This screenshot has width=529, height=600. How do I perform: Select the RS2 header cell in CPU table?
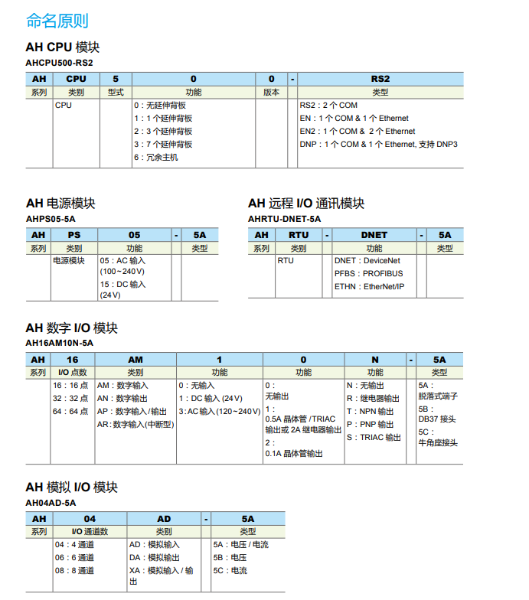click(380, 79)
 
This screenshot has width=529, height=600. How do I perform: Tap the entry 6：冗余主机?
click(156, 157)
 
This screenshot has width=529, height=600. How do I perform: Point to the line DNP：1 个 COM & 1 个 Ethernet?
click(378, 144)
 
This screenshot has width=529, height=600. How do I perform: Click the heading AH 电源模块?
click(60, 204)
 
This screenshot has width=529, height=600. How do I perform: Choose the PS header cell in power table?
click(73, 235)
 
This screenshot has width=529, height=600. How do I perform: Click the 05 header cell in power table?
click(134, 235)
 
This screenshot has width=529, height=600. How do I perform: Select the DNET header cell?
click(374, 235)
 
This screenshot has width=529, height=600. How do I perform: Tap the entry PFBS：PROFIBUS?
click(368, 273)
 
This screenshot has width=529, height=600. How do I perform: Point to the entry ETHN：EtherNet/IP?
click(369, 286)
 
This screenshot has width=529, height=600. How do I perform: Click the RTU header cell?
click(299, 235)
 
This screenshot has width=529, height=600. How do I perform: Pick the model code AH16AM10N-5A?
click(60, 343)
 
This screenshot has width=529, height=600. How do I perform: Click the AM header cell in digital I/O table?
click(135, 359)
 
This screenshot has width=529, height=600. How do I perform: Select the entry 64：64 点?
click(70, 412)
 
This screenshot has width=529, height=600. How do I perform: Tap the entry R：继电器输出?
click(373, 399)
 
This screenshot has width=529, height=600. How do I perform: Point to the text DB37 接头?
click(437, 419)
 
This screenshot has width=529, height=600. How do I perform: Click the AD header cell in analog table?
click(164, 518)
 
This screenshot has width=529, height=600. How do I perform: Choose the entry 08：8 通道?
click(74, 570)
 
